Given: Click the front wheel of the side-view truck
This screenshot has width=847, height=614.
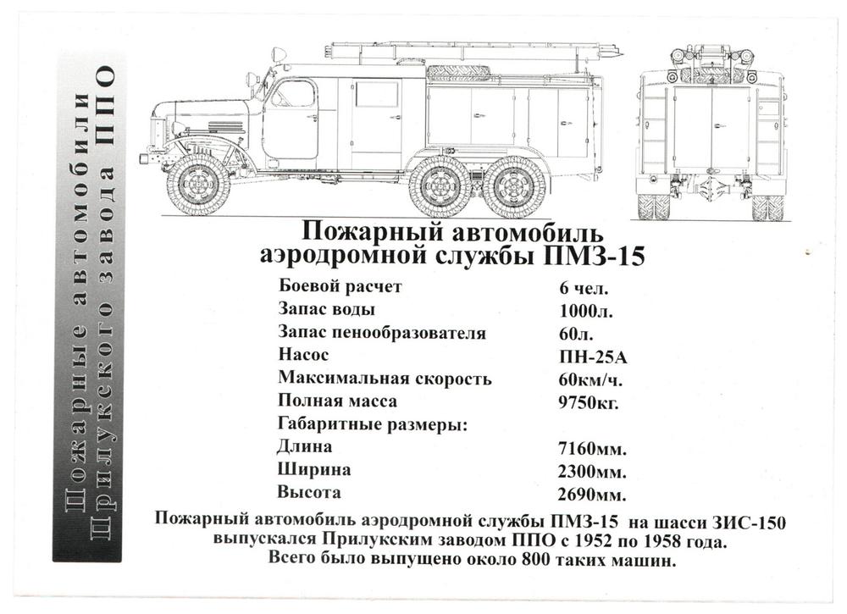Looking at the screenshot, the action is tap(199, 186).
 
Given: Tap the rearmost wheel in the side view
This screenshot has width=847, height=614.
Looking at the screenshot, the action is tap(516, 187).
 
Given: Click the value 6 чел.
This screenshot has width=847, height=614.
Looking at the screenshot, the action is tap(584, 288).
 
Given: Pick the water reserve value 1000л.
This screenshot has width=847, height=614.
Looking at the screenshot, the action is tap(586, 311).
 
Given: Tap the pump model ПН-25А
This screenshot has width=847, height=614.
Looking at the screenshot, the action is tap(593, 357).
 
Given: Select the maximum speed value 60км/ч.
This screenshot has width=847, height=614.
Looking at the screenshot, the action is tap(590, 379).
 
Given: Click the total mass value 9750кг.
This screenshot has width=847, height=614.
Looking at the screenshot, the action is tap(589, 402).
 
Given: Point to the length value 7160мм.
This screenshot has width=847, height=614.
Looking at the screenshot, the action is tap(593, 448).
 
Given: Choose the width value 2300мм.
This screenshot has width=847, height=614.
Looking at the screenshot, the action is tap(593, 472).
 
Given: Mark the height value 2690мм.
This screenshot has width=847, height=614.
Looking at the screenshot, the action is tap(593, 494).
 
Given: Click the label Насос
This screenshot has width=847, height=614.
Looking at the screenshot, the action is tap(303, 355).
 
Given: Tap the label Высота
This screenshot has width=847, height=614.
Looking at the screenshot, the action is tap(309, 492).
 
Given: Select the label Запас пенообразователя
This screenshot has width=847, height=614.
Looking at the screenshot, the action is tap(382, 332).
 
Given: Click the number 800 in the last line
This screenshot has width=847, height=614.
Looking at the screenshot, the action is tap(536, 559).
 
